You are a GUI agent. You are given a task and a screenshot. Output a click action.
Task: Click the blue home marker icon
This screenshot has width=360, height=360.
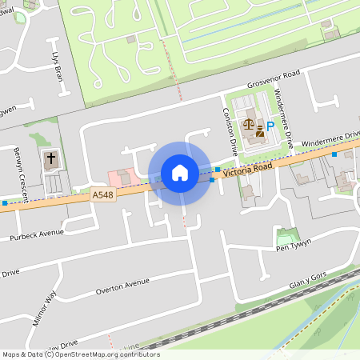[x=179, y=173]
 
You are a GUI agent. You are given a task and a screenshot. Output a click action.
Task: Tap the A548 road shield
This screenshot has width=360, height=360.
[x=102, y=194]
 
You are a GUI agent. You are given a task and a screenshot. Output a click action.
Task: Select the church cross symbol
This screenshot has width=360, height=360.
[x=51, y=158]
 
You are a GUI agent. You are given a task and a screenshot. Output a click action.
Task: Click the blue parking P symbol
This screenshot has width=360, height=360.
[x=270, y=126]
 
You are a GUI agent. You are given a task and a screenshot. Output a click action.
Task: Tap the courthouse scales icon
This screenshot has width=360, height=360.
[x=249, y=124]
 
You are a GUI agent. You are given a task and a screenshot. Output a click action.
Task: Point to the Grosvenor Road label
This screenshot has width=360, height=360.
[x=273, y=79]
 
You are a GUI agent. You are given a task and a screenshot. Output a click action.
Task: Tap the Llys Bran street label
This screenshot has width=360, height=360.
[x=57, y=68]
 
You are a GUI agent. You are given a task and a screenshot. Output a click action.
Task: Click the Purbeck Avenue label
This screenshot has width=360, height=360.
[x=36, y=235]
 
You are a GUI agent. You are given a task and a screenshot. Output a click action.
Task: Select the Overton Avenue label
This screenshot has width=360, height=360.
[x=122, y=286]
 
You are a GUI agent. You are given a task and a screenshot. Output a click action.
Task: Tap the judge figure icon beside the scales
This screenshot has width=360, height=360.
[x=259, y=130]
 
